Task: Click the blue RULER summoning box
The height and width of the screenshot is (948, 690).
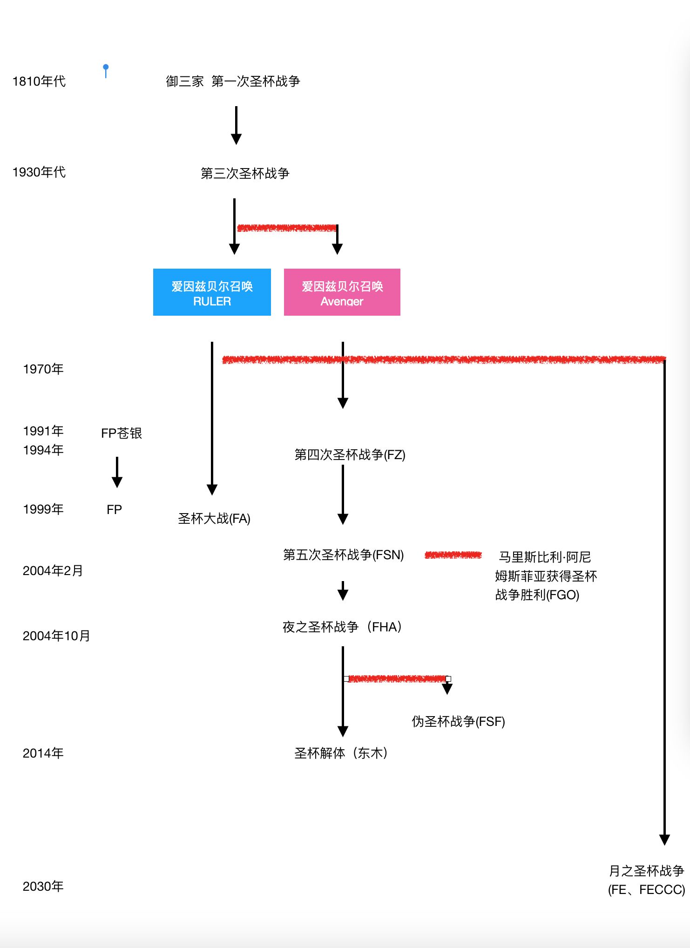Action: coord(212,292)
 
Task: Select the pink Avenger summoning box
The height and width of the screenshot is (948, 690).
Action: coord(342,292)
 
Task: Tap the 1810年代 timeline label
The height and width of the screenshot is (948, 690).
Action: coord(39,81)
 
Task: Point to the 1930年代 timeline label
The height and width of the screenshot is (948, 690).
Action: coord(39,172)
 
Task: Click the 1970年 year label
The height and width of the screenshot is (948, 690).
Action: coord(43,369)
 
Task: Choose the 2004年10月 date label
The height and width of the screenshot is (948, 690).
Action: coord(56,636)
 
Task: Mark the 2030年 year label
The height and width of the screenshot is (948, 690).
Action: coord(43,887)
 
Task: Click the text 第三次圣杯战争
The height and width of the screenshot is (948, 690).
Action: coord(245,174)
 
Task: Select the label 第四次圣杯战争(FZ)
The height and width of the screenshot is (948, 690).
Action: coord(350,455)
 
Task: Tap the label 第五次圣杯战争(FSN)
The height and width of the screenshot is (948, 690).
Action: coord(344,555)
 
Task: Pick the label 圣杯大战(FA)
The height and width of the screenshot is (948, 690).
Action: coord(214,519)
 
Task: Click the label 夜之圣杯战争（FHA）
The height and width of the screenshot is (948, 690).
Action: coord(343,627)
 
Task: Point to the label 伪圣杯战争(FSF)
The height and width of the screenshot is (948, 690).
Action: coord(458,722)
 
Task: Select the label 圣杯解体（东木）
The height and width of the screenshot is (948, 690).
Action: coord(341,753)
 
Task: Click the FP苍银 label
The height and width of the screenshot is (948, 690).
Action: coord(122,433)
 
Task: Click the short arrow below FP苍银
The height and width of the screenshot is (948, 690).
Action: coord(117,472)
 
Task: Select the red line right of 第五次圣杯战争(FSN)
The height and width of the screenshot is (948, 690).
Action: coord(453,555)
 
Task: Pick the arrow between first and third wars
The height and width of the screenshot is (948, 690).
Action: coord(236,125)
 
